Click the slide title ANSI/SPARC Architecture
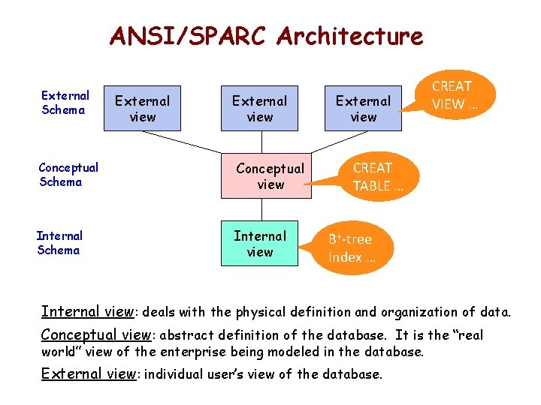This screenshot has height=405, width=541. point(266,36)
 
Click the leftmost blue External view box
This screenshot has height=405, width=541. point(143,108)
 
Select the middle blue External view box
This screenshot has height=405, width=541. point(259,108)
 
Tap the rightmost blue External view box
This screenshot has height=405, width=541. point(363,108)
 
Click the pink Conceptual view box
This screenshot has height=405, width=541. point(266,176)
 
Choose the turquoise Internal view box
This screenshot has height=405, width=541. point(259,244)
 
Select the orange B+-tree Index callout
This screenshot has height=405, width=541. point(351,248)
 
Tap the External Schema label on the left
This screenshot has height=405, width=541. point(65,103)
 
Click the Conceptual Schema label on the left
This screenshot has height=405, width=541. point(68,175)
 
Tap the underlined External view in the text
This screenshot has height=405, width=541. point(87,373)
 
